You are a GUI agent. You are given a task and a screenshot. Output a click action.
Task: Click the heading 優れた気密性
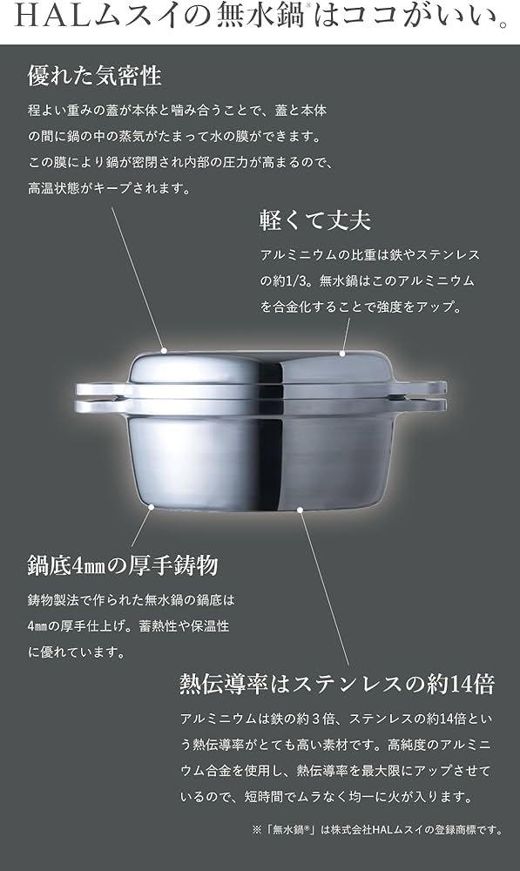(x=95, y=76)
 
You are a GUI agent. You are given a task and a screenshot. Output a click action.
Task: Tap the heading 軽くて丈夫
(x=315, y=219)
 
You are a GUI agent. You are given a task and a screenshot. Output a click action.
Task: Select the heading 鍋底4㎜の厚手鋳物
(x=123, y=565)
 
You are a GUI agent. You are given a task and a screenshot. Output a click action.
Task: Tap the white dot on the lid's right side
(x=343, y=354)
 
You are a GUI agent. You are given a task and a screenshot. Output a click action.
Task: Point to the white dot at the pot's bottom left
(x=151, y=505)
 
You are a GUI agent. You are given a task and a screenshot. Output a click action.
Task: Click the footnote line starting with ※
(x=380, y=829)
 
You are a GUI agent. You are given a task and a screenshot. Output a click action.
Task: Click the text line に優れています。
(x=77, y=652)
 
